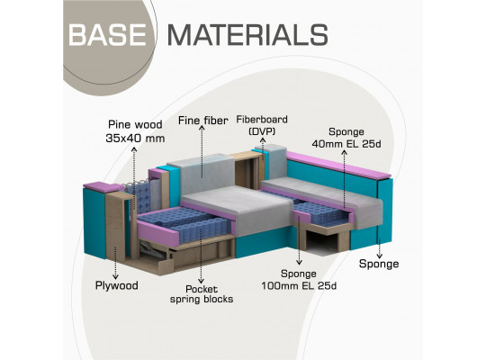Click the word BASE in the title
[107, 35]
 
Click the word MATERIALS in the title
[247, 35]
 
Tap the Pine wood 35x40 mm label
[135, 131]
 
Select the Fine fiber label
[203, 121]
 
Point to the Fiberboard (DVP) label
[262, 125]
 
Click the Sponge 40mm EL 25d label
[346, 138]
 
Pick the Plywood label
[116, 285]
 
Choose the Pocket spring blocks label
[202, 294]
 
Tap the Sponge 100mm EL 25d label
[299, 280]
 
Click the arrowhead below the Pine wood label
[134, 148]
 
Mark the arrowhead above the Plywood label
[115, 276]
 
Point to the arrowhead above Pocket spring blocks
[202, 281]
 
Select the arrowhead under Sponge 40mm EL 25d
[345, 152]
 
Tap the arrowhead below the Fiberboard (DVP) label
[263, 140]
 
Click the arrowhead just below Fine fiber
[202, 128]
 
